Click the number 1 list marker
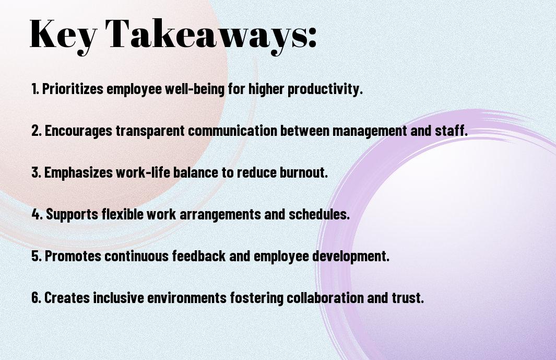(x=35, y=89)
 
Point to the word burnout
(x=304, y=172)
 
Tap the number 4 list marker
(x=37, y=214)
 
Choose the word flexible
(x=122, y=214)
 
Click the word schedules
(x=319, y=214)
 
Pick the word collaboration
(x=325, y=297)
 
